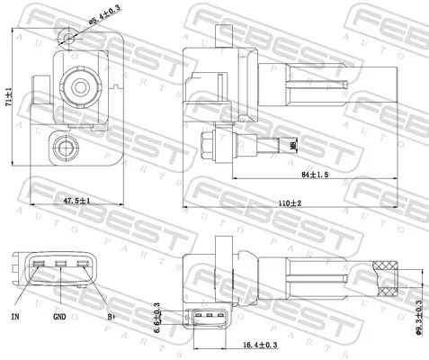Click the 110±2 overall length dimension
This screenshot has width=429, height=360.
[289, 204]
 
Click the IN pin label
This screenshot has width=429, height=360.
[14, 318]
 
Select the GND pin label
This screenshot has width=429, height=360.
[59, 318]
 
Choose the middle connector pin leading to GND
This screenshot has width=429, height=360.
[59, 265]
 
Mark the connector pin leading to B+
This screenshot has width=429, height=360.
[83, 265]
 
